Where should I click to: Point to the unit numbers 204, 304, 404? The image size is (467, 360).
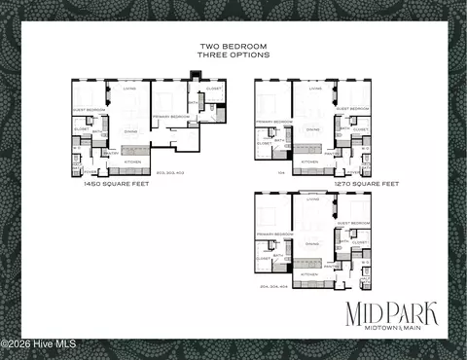coord(277,286)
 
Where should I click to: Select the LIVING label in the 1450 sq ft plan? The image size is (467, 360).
coord(129,90)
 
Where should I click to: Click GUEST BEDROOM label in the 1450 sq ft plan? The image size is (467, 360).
coord(88,109)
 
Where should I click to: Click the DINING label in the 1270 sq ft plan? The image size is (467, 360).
coord(313,128)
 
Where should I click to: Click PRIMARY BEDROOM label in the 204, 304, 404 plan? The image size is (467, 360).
coord(274,234)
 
